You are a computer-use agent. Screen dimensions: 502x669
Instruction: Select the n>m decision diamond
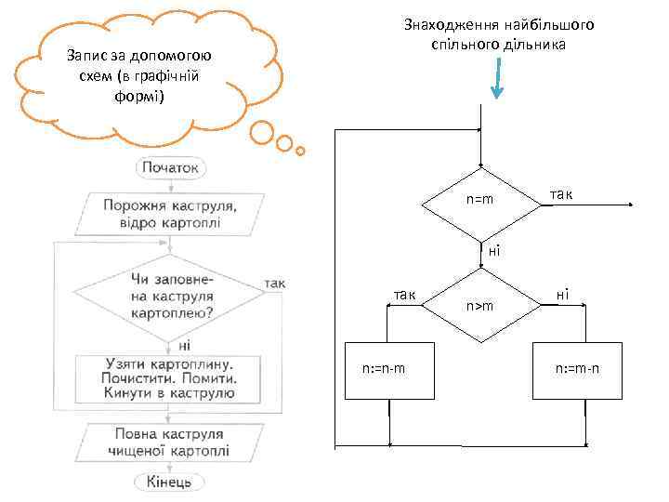click(x=479, y=305)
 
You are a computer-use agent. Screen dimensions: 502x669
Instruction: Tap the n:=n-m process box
click(x=384, y=370)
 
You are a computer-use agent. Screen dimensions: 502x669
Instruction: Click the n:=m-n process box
click(x=577, y=370)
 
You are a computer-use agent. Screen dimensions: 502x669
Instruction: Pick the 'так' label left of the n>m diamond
click(x=404, y=294)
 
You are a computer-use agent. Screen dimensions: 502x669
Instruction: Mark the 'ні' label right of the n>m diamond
click(x=563, y=294)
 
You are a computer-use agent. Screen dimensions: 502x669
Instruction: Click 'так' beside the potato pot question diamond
click(x=275, y=284)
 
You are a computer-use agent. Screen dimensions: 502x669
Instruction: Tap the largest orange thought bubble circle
click(x=261, y=135)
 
